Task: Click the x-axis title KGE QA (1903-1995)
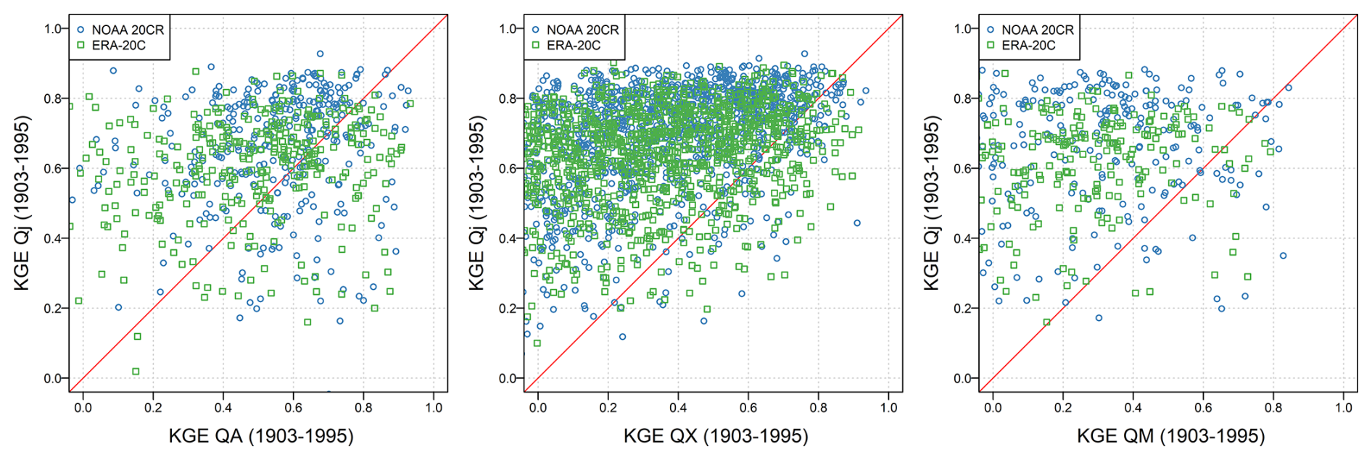pos(261,436)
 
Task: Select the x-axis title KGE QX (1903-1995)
pos(716,436)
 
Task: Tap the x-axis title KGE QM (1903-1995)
pos(1170,436)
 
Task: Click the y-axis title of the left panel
pos(22,203)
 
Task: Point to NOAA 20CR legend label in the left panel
pos(128,30)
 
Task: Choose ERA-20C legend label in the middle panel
pos(573,45)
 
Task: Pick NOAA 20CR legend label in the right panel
pos(1037,30)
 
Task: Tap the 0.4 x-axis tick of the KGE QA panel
pos(223,408)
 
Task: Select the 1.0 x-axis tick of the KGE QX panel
pos(888,408)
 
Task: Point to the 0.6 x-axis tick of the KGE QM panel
pos(1203,408)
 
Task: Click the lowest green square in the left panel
pos(136,372)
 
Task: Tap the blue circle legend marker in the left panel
pos(80,30)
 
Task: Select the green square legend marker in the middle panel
pos(535,45)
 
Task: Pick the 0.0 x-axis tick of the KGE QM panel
pos(993,408)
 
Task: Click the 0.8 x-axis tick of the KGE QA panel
pos(363,408)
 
